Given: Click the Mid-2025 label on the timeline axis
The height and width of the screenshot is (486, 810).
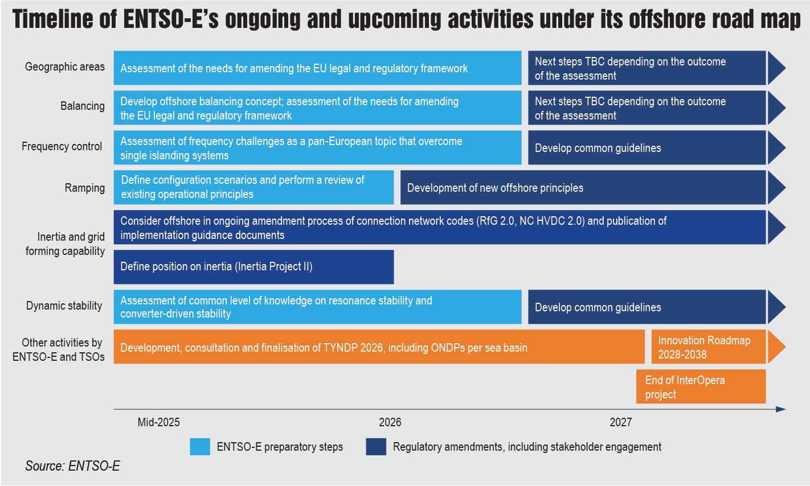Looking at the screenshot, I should (158, 422).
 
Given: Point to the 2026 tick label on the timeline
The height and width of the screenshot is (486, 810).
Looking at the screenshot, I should (390, 422).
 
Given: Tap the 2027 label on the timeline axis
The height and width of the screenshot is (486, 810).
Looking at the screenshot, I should (620, 422).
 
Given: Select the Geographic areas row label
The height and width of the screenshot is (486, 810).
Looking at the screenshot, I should (65, 67).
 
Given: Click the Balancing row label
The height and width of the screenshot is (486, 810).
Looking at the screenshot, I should (83, 106).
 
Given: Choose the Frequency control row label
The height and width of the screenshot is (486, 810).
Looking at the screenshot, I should (62, 147).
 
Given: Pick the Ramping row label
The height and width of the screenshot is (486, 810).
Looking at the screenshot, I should (85, 188).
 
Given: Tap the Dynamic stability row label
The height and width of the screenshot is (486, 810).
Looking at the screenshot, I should (64, 306).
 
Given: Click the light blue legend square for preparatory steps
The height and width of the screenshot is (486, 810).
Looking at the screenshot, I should (200, 447).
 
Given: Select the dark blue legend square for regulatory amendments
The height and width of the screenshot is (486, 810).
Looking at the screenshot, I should (376, 447).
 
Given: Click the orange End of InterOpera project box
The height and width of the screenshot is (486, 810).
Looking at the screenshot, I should (701, 387).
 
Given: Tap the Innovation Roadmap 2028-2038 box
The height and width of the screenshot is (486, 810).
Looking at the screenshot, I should (708, 347).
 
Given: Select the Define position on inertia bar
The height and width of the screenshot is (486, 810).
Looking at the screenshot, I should (253, 267).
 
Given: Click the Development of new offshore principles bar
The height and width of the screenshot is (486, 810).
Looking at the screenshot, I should (583, 188).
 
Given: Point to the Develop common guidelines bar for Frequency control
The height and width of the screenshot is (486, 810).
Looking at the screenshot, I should (647, 148).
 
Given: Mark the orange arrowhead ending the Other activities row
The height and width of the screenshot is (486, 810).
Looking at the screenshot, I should (776, 347).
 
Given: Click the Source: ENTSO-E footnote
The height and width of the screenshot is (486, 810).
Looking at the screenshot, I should (72, 466).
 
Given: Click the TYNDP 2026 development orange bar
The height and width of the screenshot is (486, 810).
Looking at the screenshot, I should (379, 347).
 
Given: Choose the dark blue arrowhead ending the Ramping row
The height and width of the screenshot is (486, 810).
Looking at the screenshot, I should (776, 188).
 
